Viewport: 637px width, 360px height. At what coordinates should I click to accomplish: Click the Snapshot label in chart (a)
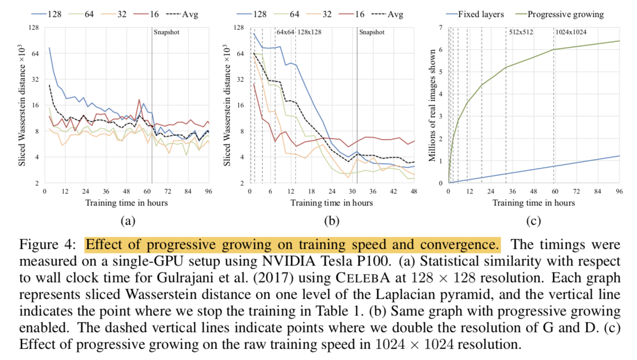166,32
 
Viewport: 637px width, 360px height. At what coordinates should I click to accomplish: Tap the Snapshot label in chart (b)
372,32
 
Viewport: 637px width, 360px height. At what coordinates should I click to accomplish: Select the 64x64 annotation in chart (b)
285,32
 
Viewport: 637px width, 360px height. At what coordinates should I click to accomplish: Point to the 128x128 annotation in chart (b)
309,32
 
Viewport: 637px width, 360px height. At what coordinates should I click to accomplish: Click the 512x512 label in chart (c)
521,32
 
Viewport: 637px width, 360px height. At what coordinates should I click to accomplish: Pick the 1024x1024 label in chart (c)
571,32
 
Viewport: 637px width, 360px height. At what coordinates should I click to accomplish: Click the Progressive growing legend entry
559,14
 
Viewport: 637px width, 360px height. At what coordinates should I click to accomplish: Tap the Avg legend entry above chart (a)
182,14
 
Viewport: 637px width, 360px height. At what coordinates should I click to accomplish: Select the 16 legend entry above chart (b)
352,14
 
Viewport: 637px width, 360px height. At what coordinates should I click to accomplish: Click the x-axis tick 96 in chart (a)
209,191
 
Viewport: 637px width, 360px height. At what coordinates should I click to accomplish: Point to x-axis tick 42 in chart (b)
393,191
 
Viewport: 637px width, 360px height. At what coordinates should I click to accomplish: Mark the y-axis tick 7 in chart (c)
441,28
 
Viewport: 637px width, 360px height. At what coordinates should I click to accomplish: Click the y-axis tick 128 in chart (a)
33,28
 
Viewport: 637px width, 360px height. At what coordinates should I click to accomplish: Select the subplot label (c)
533,221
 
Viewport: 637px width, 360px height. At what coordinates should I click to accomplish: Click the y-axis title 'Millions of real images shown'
432,106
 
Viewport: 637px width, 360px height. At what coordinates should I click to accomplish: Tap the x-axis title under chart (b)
332,203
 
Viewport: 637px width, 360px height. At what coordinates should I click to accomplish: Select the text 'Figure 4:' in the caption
47,245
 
